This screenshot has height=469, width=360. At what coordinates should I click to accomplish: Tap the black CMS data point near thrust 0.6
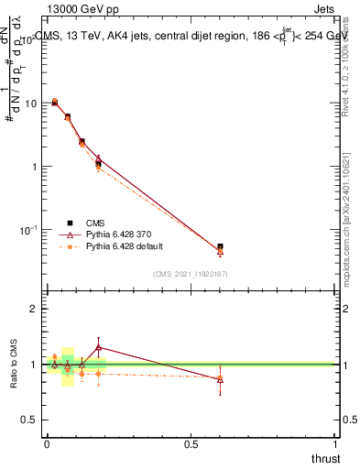[x=220, y=246]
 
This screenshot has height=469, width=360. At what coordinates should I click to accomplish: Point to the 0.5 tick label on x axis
[x=191, y=444]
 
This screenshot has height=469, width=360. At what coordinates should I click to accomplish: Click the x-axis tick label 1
[x=336, y=444]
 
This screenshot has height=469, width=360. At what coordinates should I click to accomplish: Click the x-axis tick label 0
[x=47, y=444]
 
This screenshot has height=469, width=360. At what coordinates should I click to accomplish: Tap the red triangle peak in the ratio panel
[x=99, y=347]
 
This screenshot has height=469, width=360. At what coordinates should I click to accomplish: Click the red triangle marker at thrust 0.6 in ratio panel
[x=220, y=378]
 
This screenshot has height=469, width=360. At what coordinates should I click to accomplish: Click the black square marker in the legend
[x=70, y=223]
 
